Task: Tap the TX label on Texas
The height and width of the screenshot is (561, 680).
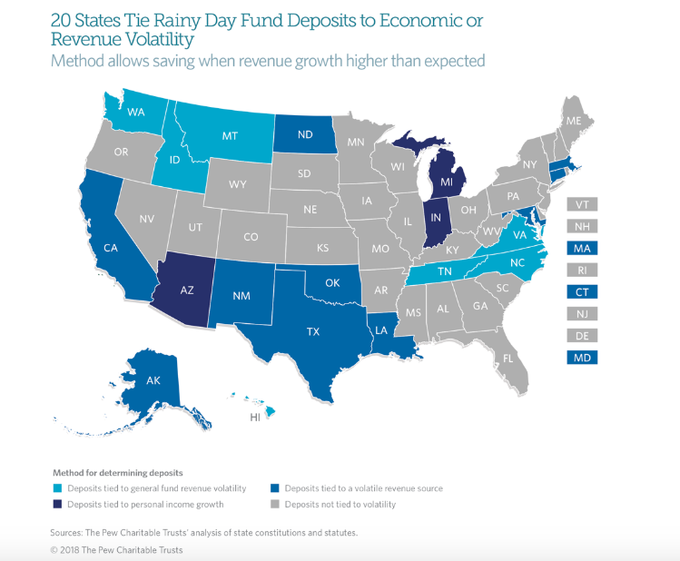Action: click(313, 331)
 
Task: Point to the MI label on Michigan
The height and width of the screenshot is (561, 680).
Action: click(446, 182)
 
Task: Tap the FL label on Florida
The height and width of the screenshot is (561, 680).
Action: click(508, 358)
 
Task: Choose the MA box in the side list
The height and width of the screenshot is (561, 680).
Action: click(582, 248)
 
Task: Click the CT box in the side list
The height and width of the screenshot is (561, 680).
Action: click(582, 291)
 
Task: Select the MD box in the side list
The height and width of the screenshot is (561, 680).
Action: click(582, 357)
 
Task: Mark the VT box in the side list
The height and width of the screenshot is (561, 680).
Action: click(582, 204)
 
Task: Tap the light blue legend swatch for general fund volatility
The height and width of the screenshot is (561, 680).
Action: click(56, 488)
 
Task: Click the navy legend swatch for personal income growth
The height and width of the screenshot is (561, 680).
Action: click(56, 504)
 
